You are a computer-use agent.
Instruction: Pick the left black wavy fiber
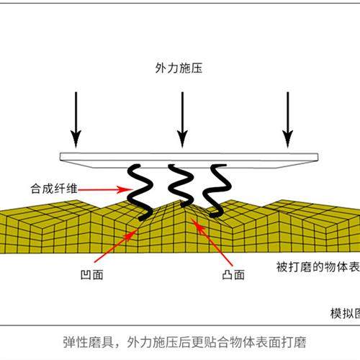tap(140, 191)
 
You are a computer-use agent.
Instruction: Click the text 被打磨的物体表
tap(318, 267)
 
